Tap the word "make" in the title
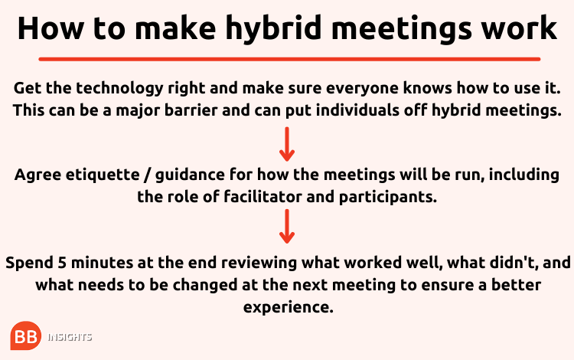(175, 28)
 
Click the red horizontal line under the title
(289, 59)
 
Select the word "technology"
(119, 89)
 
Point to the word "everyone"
(362, 89)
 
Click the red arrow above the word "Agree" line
(287, 144)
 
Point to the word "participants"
(388, 198)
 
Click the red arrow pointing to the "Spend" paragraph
(287, 226)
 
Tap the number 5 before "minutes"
(62, 263)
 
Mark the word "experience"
(289, 308)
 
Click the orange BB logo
(25, 335)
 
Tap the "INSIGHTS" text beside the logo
(70, 337)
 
